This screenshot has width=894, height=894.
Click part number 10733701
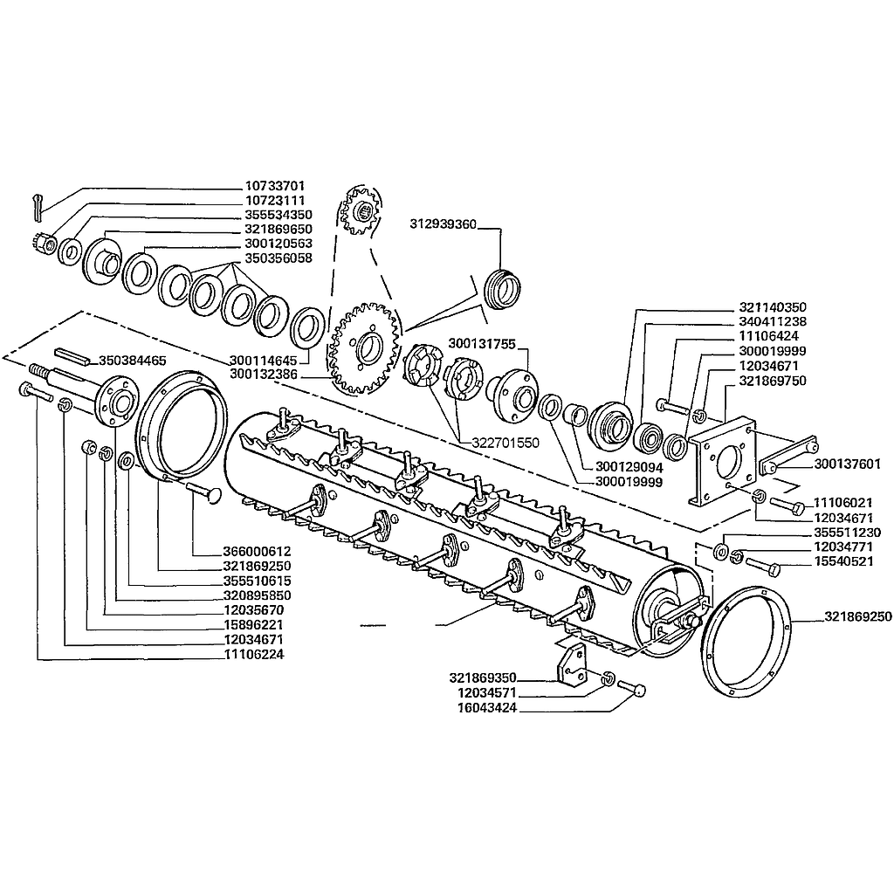(275, 186)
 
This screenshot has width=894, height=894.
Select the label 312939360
(443, 224)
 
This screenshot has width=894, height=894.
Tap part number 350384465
(133, 361)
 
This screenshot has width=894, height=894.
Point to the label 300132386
(264, 375)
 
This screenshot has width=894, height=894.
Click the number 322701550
(505, 443)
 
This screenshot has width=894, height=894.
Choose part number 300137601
(847, 464)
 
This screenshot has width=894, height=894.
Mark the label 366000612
(257, 552)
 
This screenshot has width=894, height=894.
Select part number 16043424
(487, 708)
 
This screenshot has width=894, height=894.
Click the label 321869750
(773, 381)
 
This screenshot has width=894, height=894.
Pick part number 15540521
(843, 561)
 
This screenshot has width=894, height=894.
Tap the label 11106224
(254, 655)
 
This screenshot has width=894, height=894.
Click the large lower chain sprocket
(364, 348)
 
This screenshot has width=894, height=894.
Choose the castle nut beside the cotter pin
(44, 244)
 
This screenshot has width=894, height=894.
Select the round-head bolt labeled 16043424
(632, 688)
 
